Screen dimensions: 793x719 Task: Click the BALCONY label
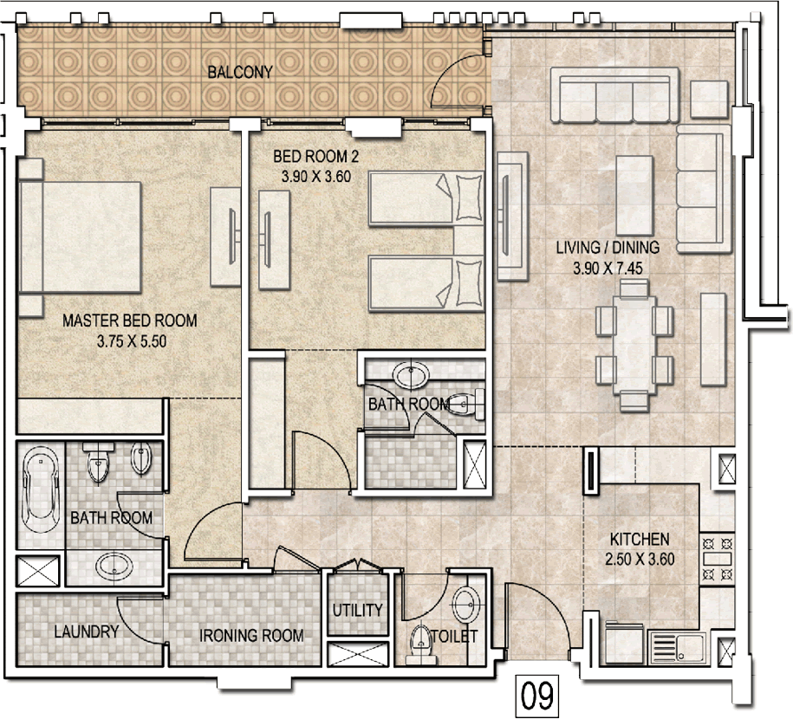tap(240, 72)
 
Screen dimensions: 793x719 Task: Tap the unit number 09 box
tap(537, 696)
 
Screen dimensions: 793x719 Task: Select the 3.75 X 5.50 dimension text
tap(132, 341)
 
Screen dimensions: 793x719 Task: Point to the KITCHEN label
tap(640, 539)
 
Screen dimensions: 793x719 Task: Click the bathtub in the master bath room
tap(41, 489)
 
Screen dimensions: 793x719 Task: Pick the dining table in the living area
tap(634, 344)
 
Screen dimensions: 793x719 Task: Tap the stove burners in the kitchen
tap(717, 559)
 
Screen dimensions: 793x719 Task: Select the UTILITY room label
tap(357, 610)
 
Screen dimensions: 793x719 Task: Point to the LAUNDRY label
tap(87, 632)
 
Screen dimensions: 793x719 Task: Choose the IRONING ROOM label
tap(251, 635)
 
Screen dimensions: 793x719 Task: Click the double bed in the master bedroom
tap(80, 237)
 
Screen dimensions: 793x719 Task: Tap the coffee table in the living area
tap(634, 195)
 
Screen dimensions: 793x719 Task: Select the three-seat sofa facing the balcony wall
tap(614, 95)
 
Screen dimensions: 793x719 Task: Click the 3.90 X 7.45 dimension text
tap(608, 268)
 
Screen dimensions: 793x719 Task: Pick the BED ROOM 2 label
tap(315, 156)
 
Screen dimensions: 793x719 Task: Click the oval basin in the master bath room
tap(114, 566)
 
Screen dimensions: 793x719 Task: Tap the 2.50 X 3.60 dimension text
tap(640, 560)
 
